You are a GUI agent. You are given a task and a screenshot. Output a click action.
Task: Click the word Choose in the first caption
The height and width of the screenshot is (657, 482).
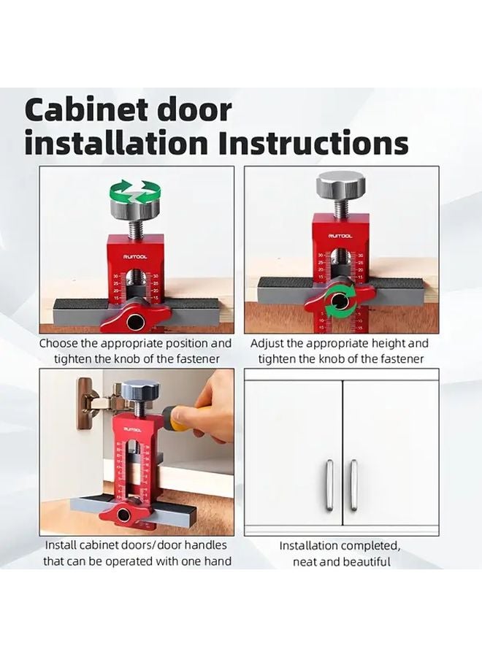pos(61,343)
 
